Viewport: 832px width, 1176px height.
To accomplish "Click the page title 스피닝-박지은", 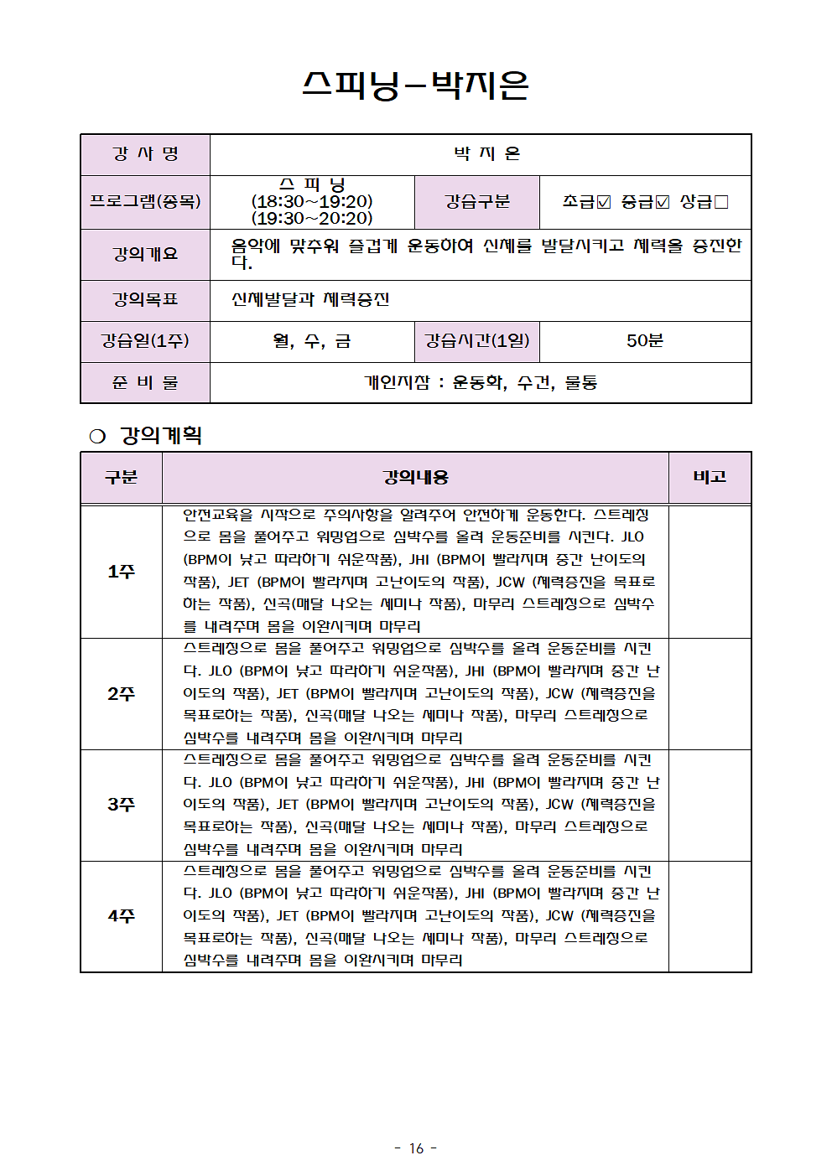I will point(415,85).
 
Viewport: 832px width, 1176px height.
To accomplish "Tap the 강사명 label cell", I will point(145,154).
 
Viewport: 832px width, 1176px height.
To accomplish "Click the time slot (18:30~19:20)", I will point(312,201).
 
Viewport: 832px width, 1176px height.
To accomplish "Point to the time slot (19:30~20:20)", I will point(312,218).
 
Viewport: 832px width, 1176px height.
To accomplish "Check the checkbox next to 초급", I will point(604,202).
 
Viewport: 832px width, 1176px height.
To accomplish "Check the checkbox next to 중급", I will point(663,202).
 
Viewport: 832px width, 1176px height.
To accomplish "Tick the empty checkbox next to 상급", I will point(721,202).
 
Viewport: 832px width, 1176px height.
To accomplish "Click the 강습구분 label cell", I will point(476,202).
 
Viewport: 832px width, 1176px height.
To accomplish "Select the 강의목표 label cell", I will point(145,299).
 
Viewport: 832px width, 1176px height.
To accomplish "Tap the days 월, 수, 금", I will point(312,341).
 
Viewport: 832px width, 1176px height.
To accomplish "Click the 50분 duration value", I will point(644,341).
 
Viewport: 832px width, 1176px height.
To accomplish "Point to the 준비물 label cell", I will point(145,382).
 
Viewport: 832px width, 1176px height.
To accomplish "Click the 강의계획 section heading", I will point(160,436).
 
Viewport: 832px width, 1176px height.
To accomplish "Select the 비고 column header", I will point(710,477).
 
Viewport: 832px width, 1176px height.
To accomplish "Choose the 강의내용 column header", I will point(415,478).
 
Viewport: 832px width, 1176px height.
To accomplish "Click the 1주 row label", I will point(121,572).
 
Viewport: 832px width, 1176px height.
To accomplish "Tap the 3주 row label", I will point(121,805).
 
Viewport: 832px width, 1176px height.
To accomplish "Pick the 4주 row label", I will point(121,916).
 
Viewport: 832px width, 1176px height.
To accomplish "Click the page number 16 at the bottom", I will point(416,1148).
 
